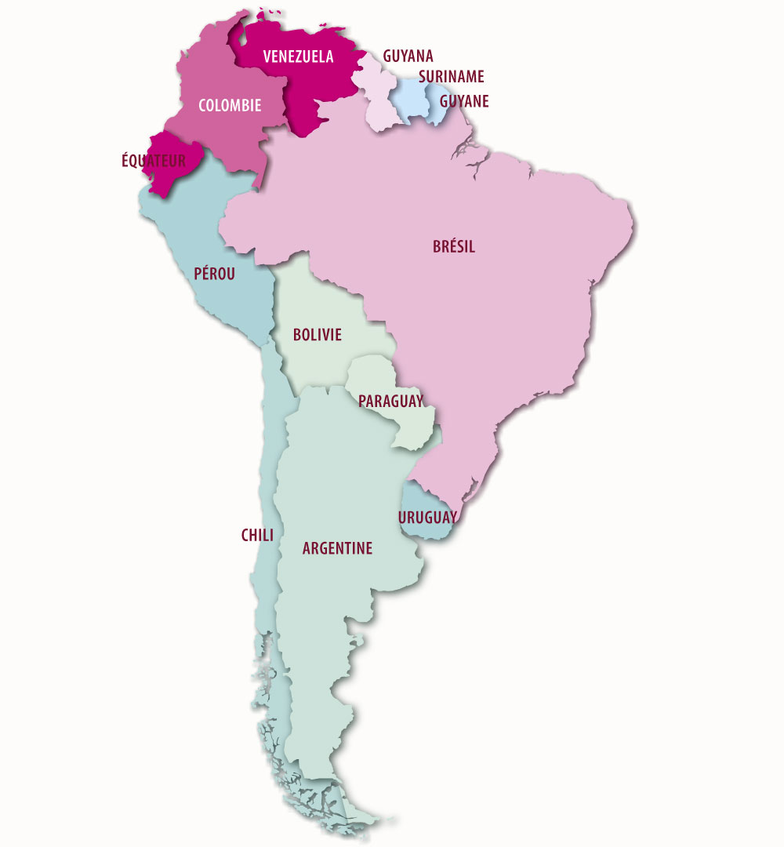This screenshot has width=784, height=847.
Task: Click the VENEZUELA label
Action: click(x=298, y=56)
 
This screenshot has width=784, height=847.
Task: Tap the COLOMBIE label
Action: click(x=230, y=105)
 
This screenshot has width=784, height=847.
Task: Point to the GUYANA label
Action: click(x=408, y=56)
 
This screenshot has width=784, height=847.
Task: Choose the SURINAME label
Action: click(x=451, y=77)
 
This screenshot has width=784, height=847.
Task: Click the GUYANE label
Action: click(x=464, y=101)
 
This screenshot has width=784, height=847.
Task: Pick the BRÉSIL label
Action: click(x=454, y=247)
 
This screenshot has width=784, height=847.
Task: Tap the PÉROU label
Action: click(x=214, y=274)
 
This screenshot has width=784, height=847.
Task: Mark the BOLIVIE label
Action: click(x=318, y=335)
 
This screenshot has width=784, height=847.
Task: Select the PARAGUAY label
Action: click(x=390, y=402)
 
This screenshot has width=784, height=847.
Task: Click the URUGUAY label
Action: click(x=427, y=518)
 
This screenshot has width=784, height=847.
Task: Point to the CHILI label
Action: click(x=257, y=536)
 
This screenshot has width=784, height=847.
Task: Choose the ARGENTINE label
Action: click(x=337, y=548)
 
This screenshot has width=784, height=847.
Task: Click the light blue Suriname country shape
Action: click(x=408, y=98)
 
